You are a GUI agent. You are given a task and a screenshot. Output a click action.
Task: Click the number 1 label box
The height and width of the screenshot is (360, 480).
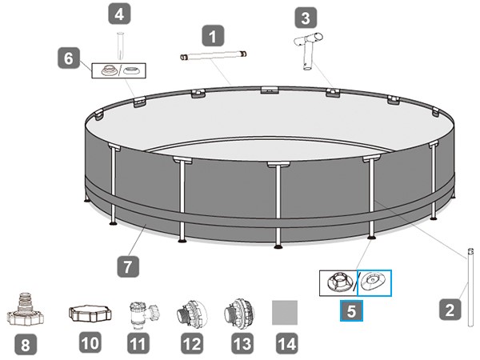pos(212,36)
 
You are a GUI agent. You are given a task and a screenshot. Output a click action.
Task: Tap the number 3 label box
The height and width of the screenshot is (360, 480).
pos(305,17)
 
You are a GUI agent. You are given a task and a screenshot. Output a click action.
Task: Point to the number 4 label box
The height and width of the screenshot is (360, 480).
pos(119,14)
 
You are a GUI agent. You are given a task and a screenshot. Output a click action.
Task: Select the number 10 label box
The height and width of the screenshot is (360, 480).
pos(90,344)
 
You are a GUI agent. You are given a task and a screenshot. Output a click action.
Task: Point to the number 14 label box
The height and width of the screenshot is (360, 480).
pos(285,344)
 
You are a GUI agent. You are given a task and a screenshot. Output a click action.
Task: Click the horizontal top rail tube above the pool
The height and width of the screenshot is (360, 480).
pos(214,56)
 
